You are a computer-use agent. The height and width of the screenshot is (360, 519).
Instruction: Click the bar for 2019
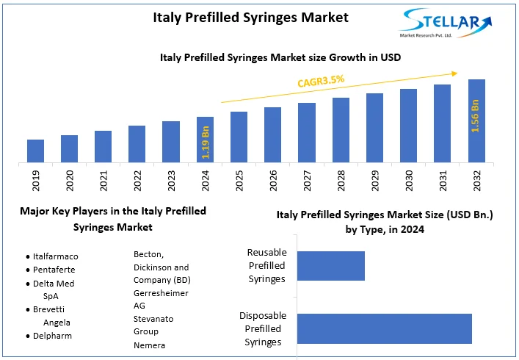click(36, 151)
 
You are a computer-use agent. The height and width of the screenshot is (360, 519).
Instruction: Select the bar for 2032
click(476, 120)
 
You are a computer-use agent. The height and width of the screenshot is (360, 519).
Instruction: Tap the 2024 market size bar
click(206, 139)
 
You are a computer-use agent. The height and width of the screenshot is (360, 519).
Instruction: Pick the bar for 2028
click(341, 129)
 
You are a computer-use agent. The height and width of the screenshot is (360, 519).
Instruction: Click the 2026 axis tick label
click(273, 181)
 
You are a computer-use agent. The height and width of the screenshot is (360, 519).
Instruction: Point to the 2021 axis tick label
click(104, 181)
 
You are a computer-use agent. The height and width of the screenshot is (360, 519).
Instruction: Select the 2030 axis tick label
click(409, 181)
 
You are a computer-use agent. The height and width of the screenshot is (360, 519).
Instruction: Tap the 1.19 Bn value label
click(206, 143)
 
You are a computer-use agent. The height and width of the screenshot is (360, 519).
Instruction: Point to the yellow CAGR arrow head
click(455, 73)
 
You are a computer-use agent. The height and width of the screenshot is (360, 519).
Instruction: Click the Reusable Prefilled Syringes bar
click(331, 266)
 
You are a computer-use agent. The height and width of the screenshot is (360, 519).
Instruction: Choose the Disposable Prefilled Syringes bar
click(385, 328)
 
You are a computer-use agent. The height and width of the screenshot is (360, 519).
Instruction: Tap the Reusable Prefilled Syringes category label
click(266, 266)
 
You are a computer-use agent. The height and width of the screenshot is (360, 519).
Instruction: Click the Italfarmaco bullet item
click(56, 256)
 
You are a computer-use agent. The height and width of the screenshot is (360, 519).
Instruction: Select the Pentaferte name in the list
click(54, 270)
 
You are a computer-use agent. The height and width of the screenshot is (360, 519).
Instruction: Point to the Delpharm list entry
click(53, 336)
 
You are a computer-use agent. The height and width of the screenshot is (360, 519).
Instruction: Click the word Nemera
click(149, 345)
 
